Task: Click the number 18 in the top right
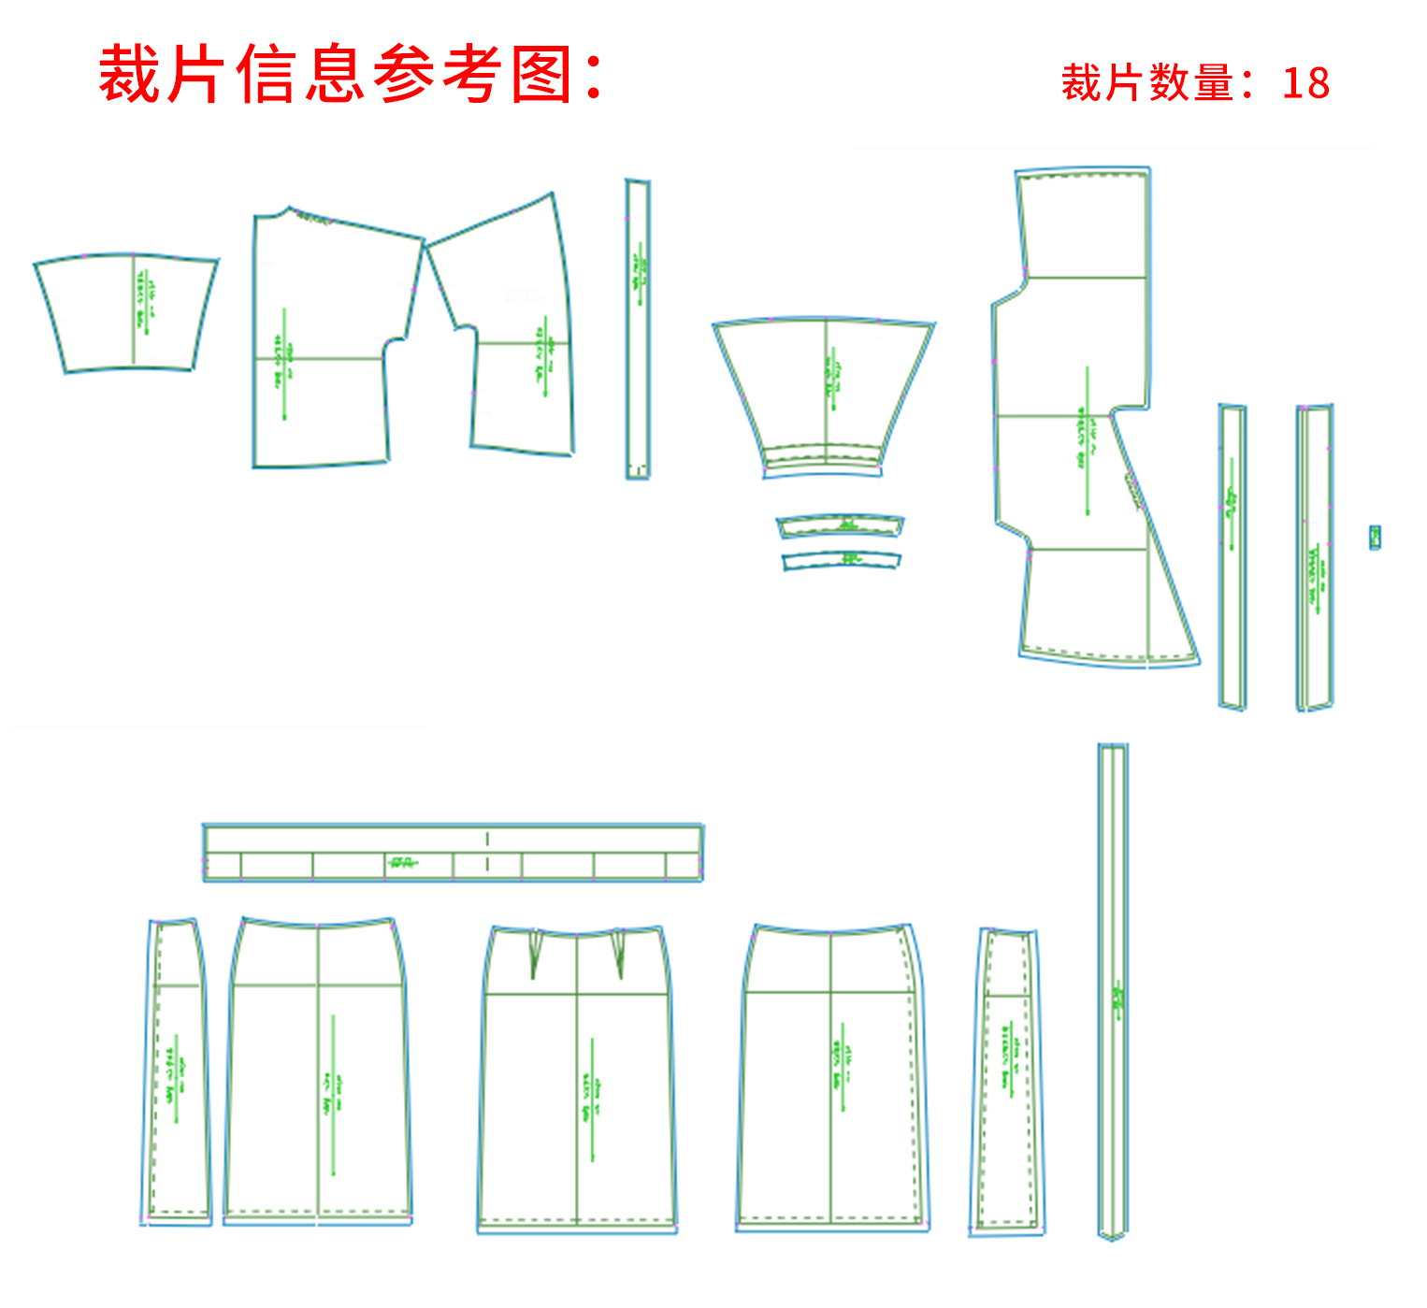point(1305,83)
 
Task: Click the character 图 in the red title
point(541,75)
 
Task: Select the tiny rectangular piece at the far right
point(1375,537)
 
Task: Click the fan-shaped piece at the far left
point(126,313)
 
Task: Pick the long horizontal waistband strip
point(453,852)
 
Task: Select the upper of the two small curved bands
point(840,526)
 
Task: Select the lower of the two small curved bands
point(841,559)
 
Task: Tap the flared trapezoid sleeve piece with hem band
point(824,393)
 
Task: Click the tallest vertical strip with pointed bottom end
point(1112,991)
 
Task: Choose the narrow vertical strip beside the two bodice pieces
point(638,327)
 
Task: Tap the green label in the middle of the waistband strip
point(402,862)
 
